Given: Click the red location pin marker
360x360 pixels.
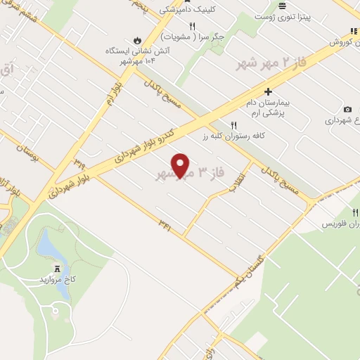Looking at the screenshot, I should click(181, 165).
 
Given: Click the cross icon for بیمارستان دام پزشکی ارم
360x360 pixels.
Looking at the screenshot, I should click(268, 91).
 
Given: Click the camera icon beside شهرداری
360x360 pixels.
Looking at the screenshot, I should click(347, 109).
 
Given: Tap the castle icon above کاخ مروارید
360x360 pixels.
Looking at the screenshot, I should click(56, 268).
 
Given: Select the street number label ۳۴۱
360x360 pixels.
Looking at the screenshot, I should click(166, 224).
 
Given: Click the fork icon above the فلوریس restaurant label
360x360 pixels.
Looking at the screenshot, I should click(354, 212).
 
